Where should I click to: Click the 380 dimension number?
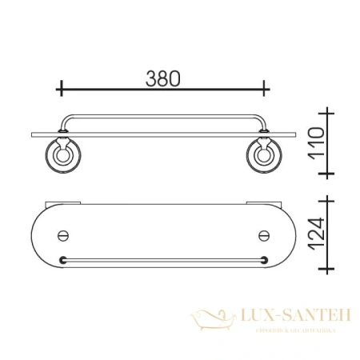coord(163,78)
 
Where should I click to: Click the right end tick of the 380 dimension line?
coord(266,87)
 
